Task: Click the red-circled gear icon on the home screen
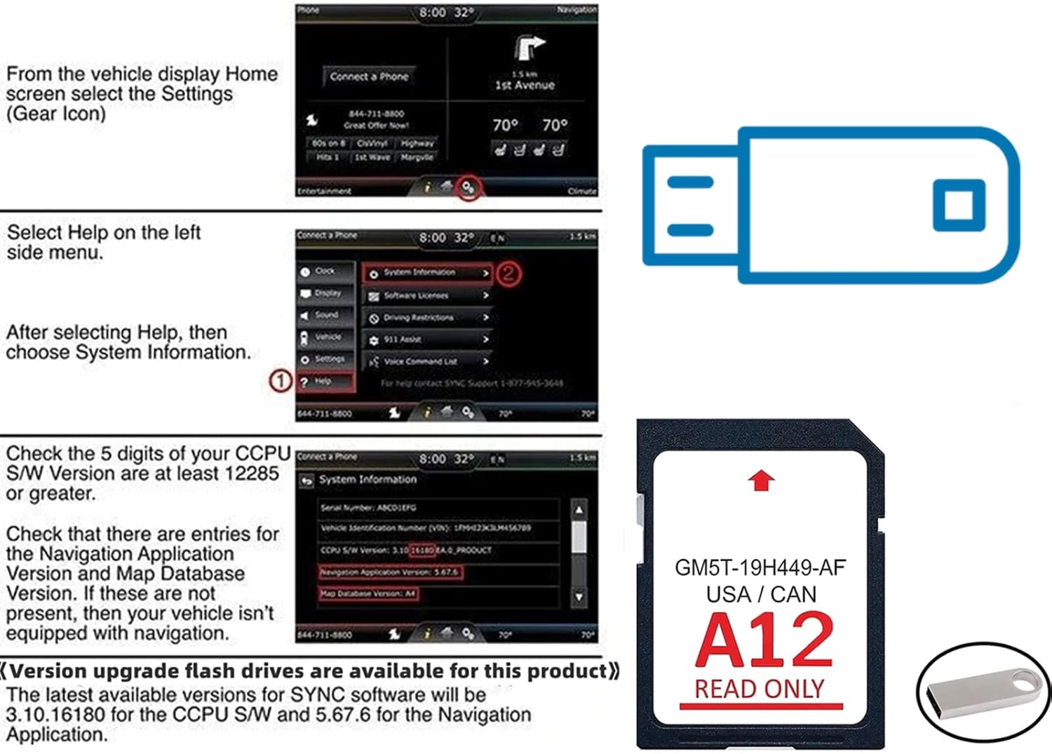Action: coord(468,187)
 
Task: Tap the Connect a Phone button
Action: coord(369,76)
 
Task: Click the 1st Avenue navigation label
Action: coord(525,85)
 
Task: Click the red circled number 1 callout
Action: coord(281,381)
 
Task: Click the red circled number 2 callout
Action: coord(508,273)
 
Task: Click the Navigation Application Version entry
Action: coord(390,572)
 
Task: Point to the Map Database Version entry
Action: coord(369,594)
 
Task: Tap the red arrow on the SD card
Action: coord(761,480)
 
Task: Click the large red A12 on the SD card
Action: coord(764,640)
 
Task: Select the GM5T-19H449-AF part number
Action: coord(760,567)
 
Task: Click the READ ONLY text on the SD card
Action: coord(760,689)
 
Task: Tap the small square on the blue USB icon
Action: coord(959,205)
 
